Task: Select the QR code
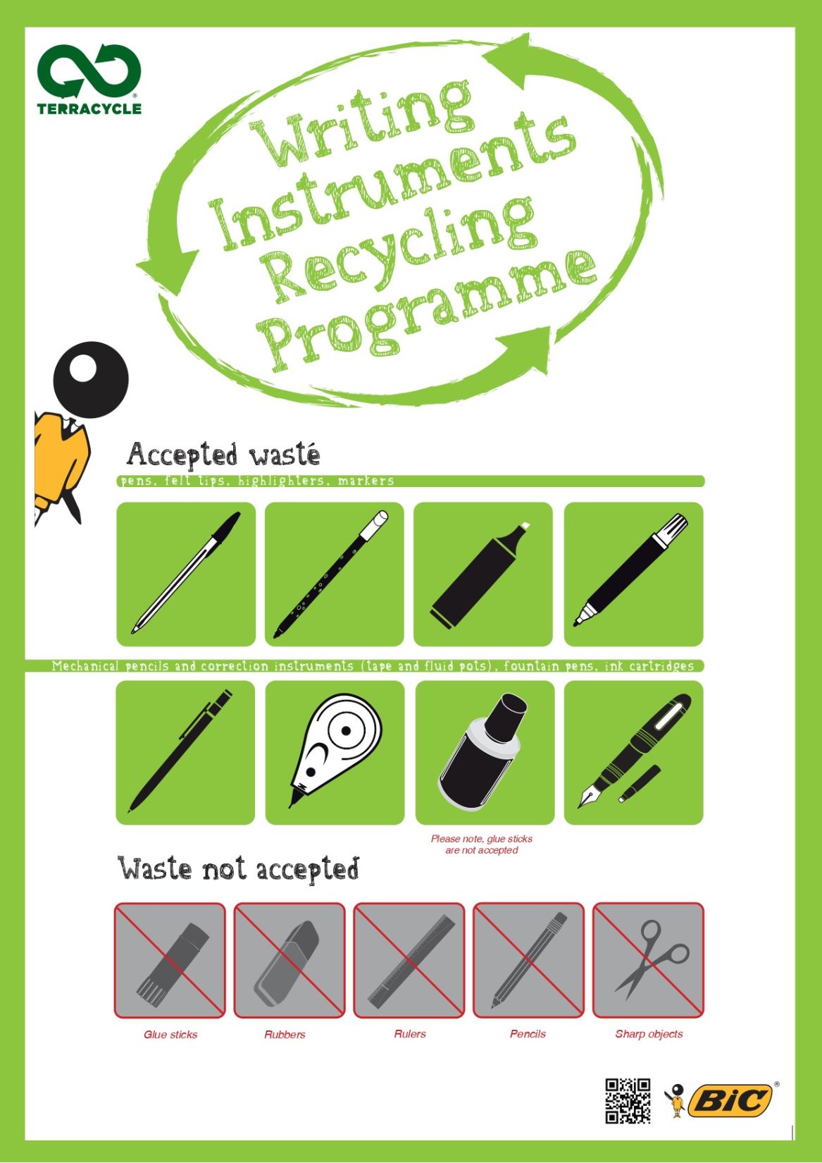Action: click(628, 1100)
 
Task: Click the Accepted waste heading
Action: click(223, 455)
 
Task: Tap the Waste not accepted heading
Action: click(238, 868)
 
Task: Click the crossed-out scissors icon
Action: click(648, 960)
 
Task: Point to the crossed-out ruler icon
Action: click(409, 960)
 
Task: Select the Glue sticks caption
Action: click(170, 1035)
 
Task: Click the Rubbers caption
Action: click(285, 1035)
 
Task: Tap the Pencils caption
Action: click(528, 1034)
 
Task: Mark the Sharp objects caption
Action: click(649, 1034)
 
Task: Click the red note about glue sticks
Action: click(482, 844)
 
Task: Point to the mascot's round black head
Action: click(91, 379)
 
